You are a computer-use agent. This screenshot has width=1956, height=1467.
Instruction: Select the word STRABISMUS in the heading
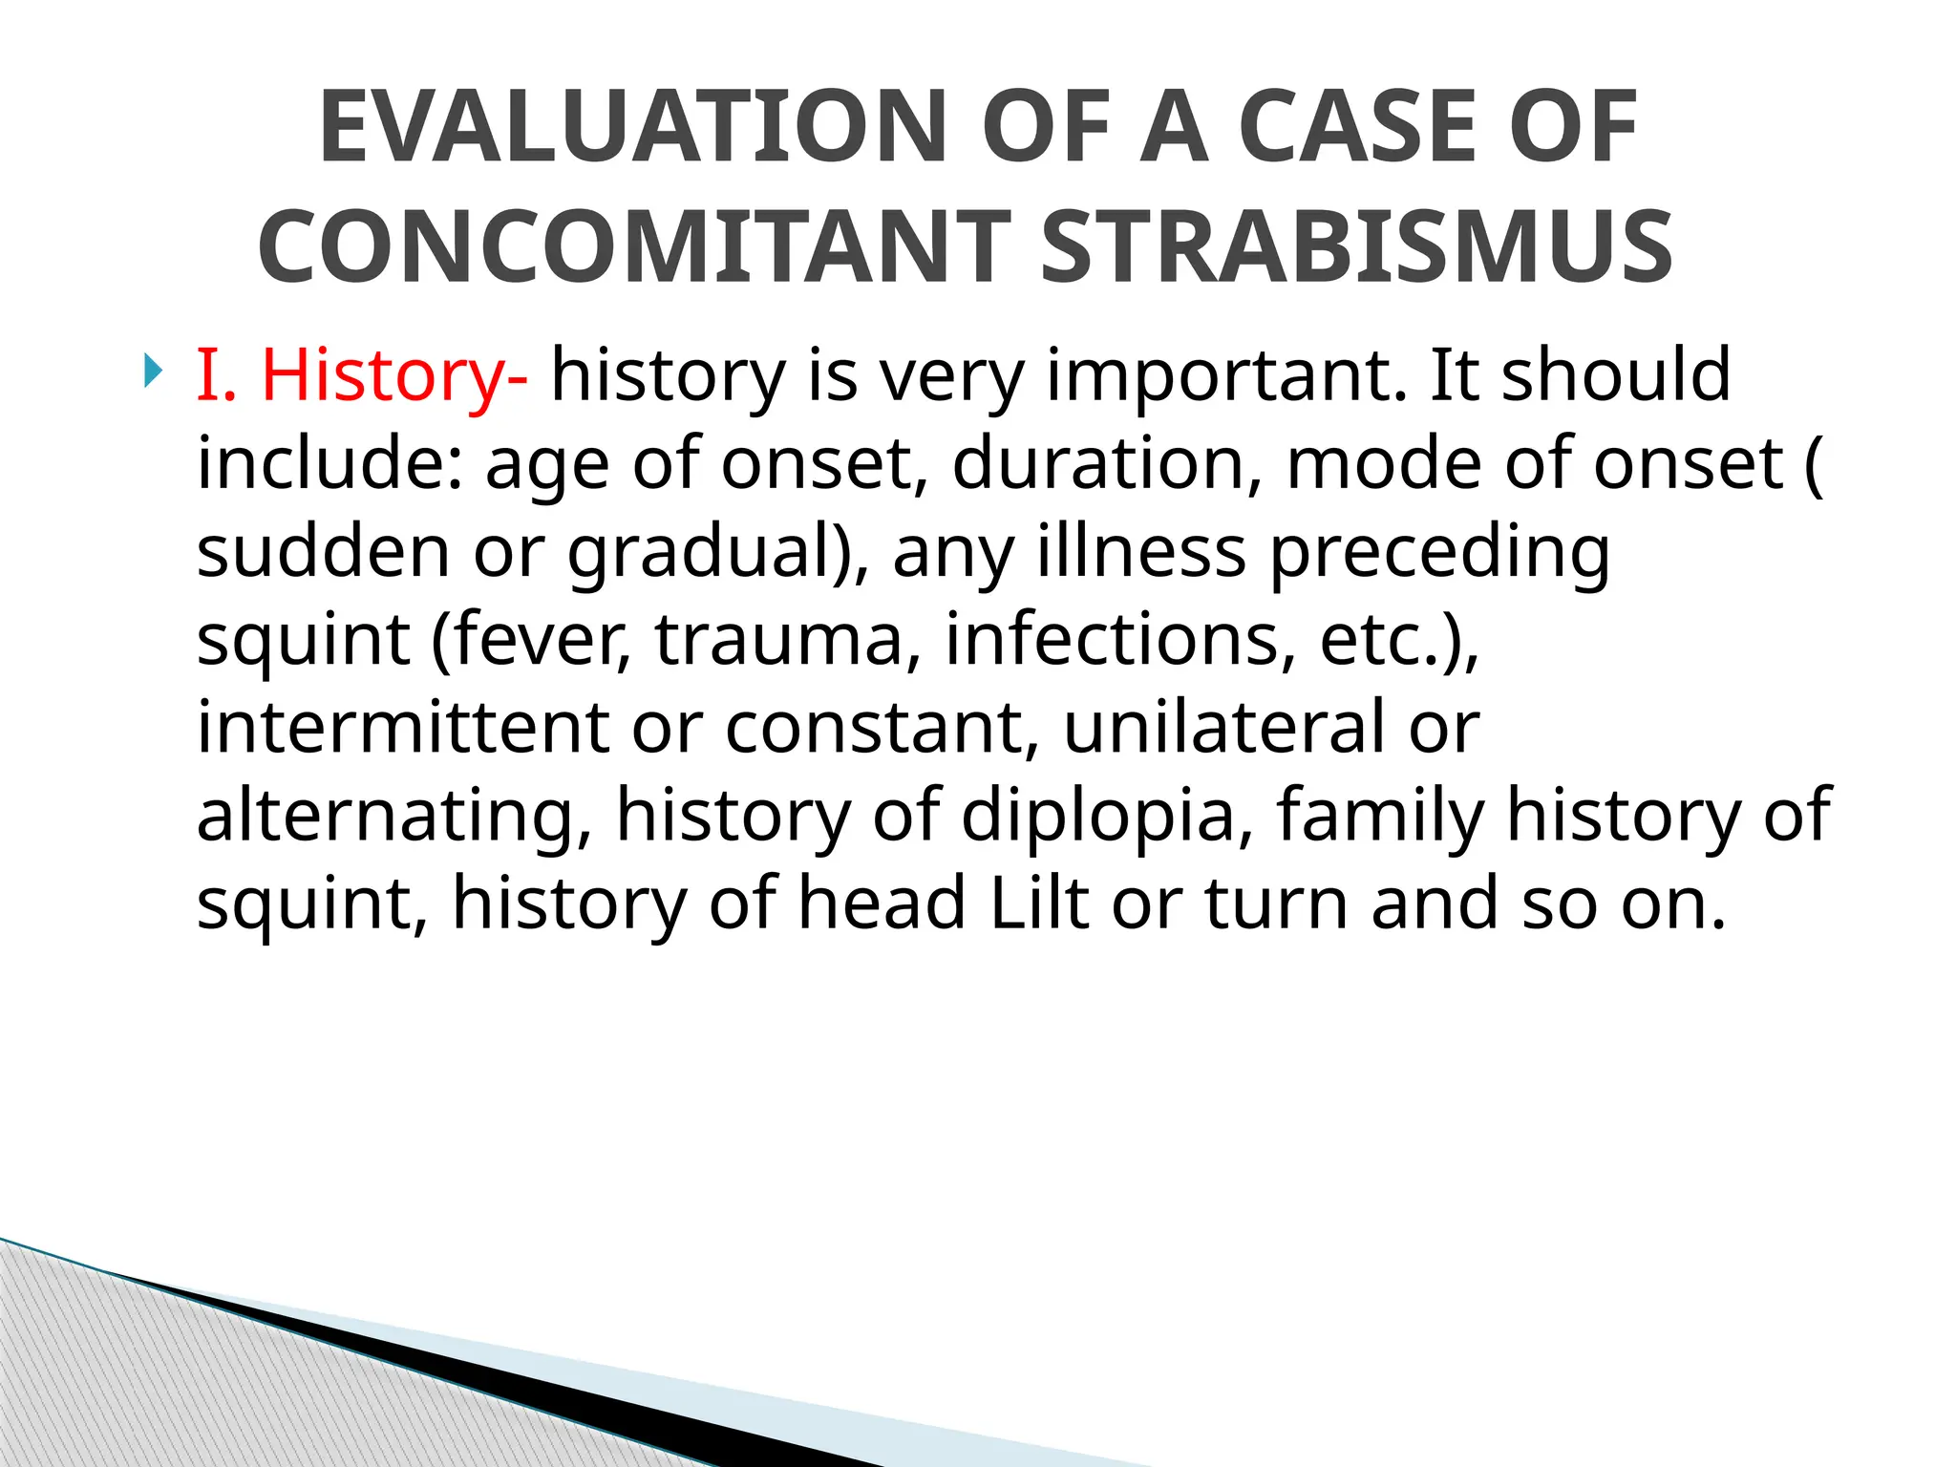click(1355, 246)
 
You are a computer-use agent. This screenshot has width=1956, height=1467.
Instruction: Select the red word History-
click(393, 375)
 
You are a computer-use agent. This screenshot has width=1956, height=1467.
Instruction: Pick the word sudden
click(323, 552)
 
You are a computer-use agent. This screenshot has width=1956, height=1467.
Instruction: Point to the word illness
click(1141, 552)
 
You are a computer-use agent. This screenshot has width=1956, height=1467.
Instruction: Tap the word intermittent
click(402, 728)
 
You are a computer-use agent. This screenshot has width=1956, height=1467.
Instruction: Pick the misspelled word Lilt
click(1039, 904)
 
